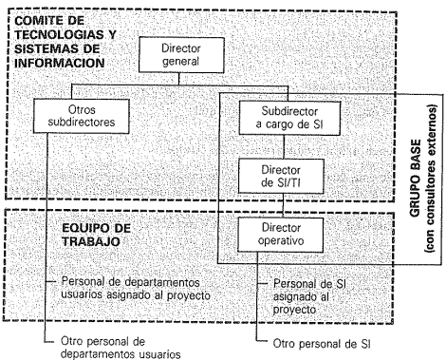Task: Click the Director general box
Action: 181,55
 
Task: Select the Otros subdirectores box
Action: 82,116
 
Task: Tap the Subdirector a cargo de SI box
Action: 289,118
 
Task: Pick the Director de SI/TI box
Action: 281,176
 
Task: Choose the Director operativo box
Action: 281,235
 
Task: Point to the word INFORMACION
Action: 60,63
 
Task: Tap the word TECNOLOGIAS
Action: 60,35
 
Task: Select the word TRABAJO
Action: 91,241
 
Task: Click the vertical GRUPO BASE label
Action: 416,179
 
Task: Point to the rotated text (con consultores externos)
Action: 431,179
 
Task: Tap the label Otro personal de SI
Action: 322,344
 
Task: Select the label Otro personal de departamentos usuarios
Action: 121,348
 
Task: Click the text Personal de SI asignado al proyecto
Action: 309,296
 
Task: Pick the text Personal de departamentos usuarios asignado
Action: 136,289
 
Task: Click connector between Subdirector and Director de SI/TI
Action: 284,147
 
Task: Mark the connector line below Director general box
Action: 179,79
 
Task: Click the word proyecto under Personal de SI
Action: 294,310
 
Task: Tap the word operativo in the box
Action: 281,241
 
